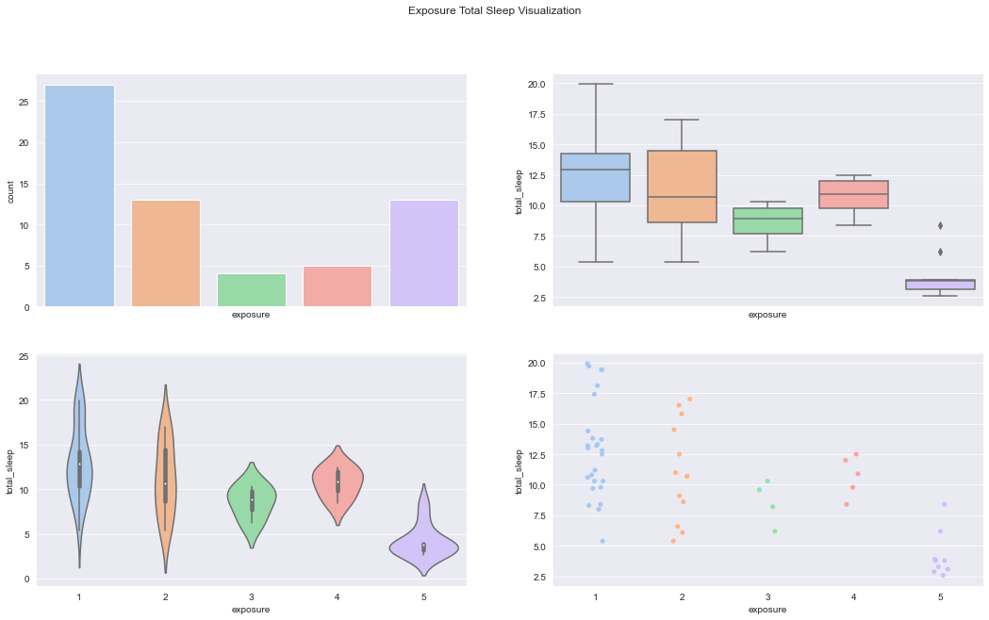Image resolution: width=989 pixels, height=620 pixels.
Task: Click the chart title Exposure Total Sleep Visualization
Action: [x=494, y=11]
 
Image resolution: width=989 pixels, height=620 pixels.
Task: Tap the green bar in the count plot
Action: [x=252, y=290]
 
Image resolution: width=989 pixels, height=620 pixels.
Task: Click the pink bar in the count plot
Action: [x=338, y=286]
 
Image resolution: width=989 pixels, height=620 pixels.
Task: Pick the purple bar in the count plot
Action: [x=423, y=253]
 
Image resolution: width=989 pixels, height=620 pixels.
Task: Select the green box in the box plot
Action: [x=767, y=220]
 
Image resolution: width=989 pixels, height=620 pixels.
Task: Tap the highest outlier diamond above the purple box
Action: [x=940, y=225]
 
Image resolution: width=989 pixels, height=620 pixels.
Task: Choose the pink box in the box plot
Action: [x=853, y=194]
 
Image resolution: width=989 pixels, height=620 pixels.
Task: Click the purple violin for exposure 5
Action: [x=423, y=546]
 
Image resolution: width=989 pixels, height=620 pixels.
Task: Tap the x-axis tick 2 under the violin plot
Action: [x=165, y=598]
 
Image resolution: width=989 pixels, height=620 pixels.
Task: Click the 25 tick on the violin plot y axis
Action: [x=23, y=356]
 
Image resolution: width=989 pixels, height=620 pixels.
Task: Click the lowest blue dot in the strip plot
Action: [x=602, y=541]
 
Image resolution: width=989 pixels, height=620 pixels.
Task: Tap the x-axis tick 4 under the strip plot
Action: [x=853, y=598]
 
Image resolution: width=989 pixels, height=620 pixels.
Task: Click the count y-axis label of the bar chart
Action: [x=10, y=190]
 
